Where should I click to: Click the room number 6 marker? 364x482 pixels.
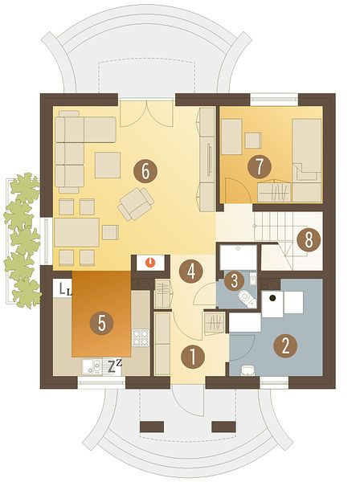pyautogui.click(x=145, y=172)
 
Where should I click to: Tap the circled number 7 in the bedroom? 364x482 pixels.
pyautogui.click(x=260, y=167)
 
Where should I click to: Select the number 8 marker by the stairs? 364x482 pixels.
pyautogui.click(x=309, y=239)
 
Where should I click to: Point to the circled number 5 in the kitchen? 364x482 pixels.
pyautogui.click(x=101, y=324)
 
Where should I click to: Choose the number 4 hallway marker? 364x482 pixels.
pyautogui.click(x=191, y=272)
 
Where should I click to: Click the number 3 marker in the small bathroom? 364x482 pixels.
pyautogui.click(x=235, y=280)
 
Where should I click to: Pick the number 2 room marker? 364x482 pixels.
pyautogui.click(x=285, y=345)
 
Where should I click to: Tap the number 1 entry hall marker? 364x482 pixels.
pyautogui.click(x=193, y=357)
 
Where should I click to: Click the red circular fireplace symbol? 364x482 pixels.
pyautogui.click(x=149, y=263)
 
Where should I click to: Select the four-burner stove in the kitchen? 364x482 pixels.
pyautogui.click(x=141, y=337)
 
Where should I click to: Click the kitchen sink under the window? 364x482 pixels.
pyautogui.click(x=92, y=366)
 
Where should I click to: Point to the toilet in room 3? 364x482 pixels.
pyautogui.click(x=247, y=297)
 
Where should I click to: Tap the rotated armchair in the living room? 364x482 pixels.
pyautogui.click(x=136, y=204)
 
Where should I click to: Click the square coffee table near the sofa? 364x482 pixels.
pyautogui.click(x=108, y=165)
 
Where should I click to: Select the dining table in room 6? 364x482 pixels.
pyautogui.click(x=76, y=232)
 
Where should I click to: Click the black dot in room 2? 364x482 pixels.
pyautogui.click(x=272, y=297)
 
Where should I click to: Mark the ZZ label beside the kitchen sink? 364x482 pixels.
pyautogui.click(x=115, y=366)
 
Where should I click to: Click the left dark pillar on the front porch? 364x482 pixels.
pyautogui.click(x=152, y=427)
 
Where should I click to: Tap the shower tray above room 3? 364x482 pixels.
pyautogui.click(x=239, y=257)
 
